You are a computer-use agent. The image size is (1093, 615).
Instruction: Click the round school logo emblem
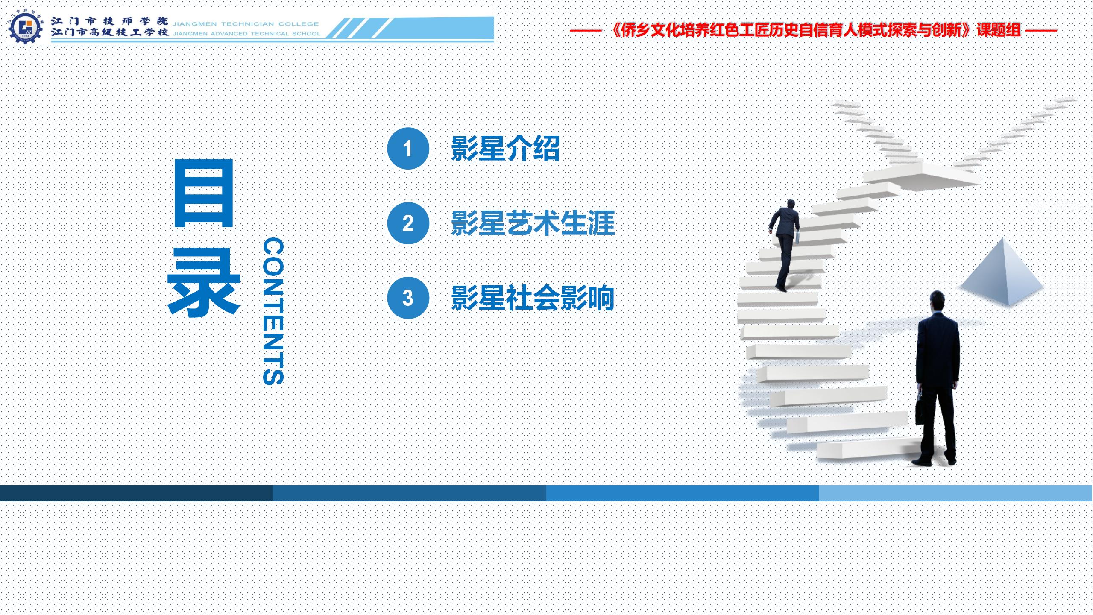[x=25, y=27]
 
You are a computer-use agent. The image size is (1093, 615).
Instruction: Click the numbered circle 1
[x=408, y=149]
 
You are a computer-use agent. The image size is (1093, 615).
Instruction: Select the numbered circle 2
[x=408, y=223]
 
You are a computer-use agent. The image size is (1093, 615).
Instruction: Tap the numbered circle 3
[x=408, y=298]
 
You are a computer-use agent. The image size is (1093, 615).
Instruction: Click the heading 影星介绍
[x=505, y=149]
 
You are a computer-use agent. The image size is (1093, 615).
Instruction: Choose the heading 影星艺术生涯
[x=533, y=223]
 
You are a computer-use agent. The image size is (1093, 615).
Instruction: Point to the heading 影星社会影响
[x=533, y=298]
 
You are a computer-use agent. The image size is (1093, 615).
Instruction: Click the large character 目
[x=203, y=193]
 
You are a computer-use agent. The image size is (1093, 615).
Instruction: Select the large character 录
[x=203, y=282]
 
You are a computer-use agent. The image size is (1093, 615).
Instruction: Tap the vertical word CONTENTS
[x=273, y=311]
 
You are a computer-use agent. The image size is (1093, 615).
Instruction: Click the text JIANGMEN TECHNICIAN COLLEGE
[x=246, y=24]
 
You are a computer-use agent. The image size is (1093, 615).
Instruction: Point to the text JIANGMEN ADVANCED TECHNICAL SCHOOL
[x=246, y=34]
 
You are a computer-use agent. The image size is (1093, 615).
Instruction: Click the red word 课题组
[x=999, y=30]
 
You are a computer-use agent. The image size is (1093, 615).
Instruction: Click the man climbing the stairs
[x=785, y=246]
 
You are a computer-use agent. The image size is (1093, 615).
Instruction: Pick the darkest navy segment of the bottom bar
[x=137, y=493]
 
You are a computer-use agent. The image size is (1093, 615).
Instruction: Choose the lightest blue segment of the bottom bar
[x=956, y=493]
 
